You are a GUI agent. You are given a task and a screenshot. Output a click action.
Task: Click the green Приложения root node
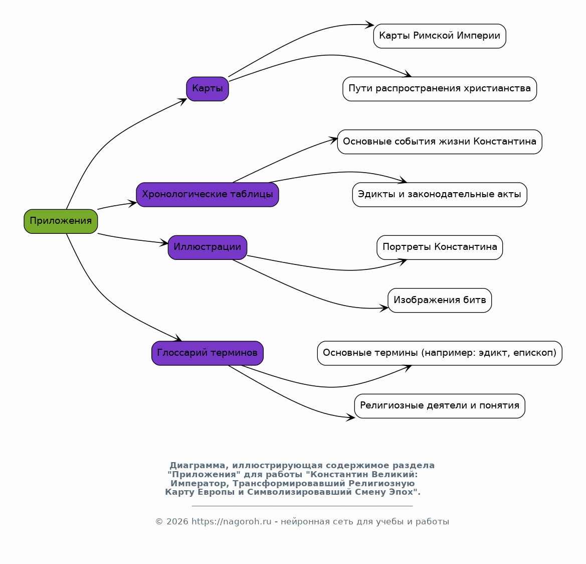(61, 221)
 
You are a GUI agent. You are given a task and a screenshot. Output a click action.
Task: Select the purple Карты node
(208, 89)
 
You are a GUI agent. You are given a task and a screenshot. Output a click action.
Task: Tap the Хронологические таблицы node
(208, 195)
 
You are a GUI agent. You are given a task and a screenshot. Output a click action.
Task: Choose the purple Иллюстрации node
(208, 247)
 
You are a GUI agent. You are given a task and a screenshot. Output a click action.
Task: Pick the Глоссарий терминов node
(208, 353)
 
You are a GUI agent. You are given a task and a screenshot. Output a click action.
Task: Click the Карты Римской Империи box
(440, 36)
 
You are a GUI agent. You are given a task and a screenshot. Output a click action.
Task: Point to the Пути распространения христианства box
(440, 89)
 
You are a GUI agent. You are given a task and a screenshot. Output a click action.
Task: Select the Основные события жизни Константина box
(440, 142)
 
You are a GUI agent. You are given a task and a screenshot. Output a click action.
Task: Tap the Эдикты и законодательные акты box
(440, 195)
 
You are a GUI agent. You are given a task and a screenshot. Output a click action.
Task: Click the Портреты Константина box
(440, 247)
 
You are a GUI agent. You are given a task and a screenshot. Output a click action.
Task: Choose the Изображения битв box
(440, 301)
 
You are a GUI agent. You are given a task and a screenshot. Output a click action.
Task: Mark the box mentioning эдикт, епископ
(440, 353)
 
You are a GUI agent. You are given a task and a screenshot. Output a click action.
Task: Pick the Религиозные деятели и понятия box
(440, 406)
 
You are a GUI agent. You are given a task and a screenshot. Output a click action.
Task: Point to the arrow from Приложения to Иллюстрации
(133, 239)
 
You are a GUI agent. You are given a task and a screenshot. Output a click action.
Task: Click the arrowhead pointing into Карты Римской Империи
(369, 25)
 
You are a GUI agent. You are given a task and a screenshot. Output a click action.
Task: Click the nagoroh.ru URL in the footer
(231, 521)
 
